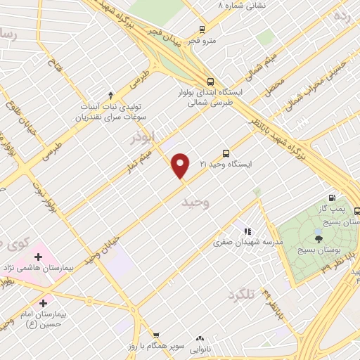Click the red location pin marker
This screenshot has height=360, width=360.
point(181,166)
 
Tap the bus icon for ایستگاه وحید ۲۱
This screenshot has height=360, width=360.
point(226,153)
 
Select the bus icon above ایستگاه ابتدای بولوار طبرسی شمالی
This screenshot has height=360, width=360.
point(211,80)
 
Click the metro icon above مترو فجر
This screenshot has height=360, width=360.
point(202,30)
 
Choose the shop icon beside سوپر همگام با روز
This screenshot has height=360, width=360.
point(156,335)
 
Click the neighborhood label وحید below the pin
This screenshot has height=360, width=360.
point(197,202)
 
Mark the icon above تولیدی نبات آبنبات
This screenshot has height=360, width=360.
point(110,95)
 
